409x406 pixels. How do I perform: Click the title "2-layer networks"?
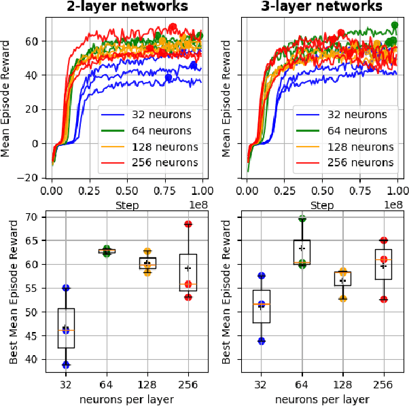tap(128, 7)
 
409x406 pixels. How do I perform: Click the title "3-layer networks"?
tap(323, 7)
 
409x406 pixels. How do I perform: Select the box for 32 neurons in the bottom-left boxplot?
tap(66, 328)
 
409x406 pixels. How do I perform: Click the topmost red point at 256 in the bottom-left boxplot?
tap(188, 224)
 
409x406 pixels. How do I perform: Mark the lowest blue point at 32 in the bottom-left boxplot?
tap(66, 365)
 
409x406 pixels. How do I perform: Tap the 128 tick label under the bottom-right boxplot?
tap(343, 384)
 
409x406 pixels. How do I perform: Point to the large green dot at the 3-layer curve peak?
tap(395, 25)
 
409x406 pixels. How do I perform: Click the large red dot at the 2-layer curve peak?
tap(173, 27)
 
